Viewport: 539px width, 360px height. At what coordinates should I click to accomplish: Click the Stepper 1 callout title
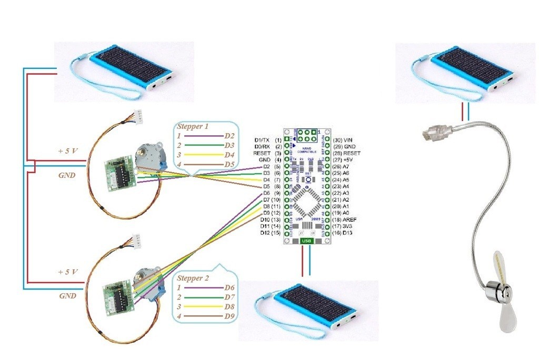tap(193, 126)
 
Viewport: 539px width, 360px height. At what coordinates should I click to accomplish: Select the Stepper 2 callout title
tap(193, 278)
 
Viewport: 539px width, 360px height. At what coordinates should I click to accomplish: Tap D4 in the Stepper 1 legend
tap(229, 155)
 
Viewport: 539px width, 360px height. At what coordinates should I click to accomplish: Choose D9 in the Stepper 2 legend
tap(229, 316)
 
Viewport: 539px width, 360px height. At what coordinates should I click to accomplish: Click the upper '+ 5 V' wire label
tap(68, 151)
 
